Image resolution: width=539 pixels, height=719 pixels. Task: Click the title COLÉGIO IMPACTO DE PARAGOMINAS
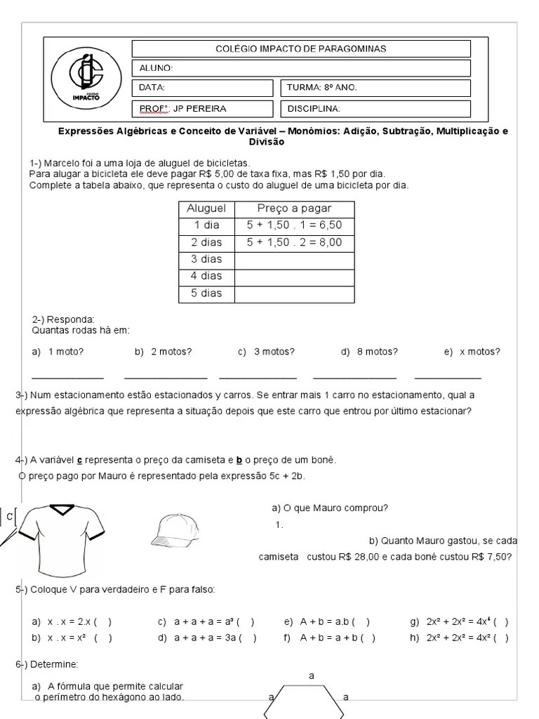[300, 48]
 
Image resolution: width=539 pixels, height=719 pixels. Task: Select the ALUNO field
[300, 68]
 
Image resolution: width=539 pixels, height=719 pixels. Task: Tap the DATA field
[202, 88]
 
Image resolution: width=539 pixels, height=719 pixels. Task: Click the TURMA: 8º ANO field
[375, 88]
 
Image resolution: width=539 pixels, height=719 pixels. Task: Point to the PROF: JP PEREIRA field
[202, 108]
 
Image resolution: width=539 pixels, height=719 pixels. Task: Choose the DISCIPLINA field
[375, 108]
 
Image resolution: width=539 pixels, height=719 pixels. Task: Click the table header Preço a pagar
[294, 209]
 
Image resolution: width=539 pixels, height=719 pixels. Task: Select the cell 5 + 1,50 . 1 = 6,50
[294, 225]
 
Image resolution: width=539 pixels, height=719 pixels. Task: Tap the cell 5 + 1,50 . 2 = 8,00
[294, 242]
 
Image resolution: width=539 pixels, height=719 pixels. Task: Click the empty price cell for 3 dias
[294, 259]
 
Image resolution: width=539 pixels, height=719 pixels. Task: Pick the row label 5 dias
[206, 293]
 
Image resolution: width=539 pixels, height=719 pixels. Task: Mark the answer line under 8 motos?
[354, 378]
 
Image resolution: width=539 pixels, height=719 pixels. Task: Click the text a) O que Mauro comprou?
[330, 508]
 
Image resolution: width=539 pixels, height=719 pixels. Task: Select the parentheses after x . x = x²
[102, 638]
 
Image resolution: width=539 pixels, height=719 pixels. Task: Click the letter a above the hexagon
[312, 675]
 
